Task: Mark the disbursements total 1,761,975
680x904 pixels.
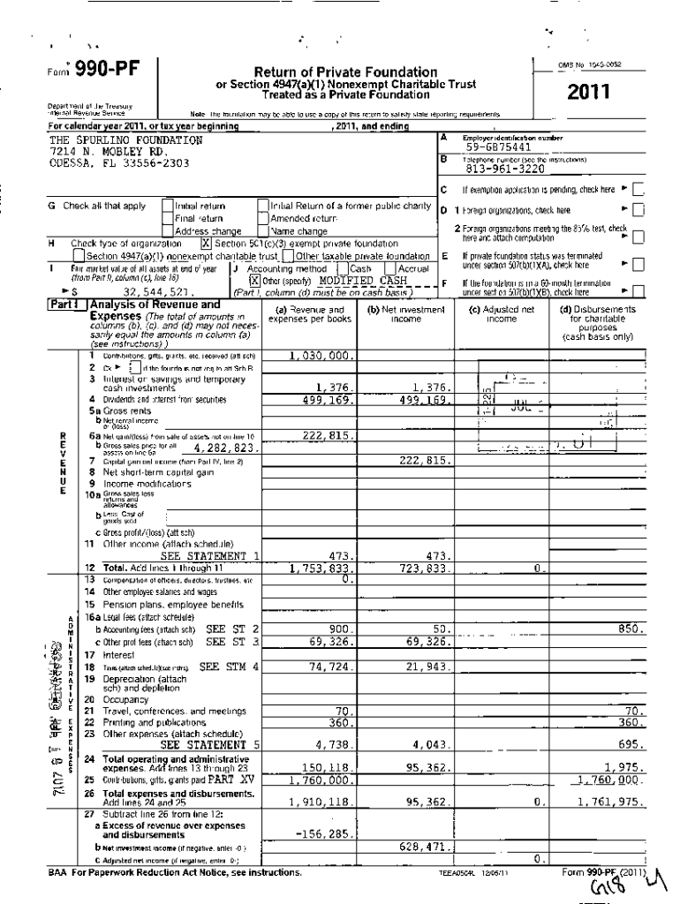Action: [x=608, y=802]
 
